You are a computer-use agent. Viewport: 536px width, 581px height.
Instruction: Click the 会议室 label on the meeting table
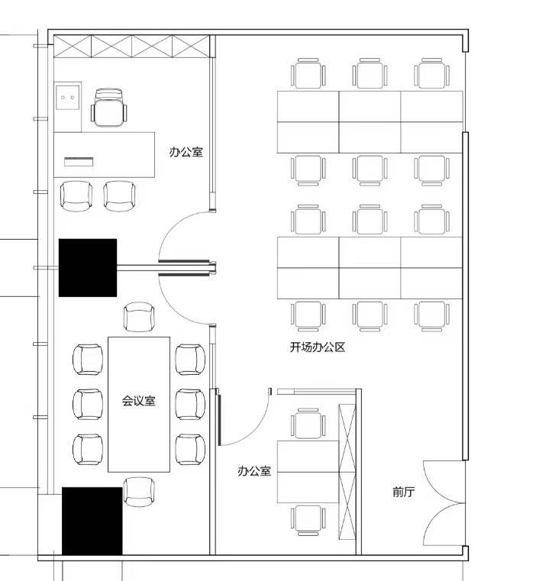(x=139, y=401)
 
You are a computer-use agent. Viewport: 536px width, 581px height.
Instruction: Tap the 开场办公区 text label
(x=318, y=347)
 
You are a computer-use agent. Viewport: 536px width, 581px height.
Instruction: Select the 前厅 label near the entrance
(x=403, y=492)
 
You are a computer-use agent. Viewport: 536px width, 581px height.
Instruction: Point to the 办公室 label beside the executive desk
(x=186, y=152)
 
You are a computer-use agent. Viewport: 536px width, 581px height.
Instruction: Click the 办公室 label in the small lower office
(x=254, y=471)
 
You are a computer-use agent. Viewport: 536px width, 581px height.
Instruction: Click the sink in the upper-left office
(x=67, y=98)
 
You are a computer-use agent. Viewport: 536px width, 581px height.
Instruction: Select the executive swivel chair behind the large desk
(x=108, y=108)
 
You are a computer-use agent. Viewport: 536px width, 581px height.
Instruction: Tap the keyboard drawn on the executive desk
(x=79, y=162)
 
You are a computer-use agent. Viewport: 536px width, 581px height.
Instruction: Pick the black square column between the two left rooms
(x=88, y=267)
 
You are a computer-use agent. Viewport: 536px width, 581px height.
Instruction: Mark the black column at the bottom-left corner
(x=92, y=521)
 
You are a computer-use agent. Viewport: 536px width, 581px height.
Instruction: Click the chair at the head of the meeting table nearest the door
(x=139, y=317)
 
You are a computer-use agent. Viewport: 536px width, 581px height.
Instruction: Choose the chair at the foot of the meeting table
(x=139, y=492)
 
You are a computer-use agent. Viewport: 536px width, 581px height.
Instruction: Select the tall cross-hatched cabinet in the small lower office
(x=347, y=472)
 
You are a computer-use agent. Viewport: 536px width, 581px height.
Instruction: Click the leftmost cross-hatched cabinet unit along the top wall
(x=73, y=47)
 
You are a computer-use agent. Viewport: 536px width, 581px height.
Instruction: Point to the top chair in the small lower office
(x=308, y=423)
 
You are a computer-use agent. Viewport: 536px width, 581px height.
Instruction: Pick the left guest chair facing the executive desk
(x=76, y=196)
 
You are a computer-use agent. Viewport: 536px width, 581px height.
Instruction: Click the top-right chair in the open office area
(x=432, y=73)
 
